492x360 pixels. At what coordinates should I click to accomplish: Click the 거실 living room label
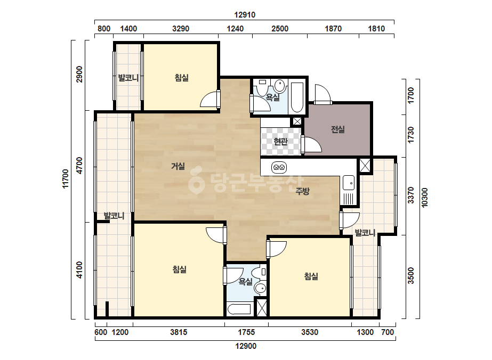178,166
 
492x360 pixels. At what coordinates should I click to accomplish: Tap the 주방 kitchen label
302,191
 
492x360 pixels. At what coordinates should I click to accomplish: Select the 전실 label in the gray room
338,129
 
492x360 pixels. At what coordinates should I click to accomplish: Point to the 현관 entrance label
280,142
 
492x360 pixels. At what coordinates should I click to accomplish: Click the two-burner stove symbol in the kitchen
279,167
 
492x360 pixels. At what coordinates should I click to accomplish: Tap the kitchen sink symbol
349,183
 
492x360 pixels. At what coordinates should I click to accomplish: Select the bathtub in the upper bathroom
297,97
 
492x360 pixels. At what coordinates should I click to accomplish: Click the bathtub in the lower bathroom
239,309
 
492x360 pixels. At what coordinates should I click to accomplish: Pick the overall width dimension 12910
245,15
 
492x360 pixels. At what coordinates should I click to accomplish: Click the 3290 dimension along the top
181,29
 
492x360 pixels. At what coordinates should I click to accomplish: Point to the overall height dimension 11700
65,179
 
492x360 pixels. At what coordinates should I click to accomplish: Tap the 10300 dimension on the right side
424,198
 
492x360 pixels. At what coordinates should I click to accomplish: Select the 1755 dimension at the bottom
246,332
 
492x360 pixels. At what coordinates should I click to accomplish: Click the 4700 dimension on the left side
79,165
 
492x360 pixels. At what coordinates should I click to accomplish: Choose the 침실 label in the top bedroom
182,77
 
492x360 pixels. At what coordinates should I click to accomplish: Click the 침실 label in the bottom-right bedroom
311,276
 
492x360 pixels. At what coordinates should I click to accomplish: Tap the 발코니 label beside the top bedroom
128,77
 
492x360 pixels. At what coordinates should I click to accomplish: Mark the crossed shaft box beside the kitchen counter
365,166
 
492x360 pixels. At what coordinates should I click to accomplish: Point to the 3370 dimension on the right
411,195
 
